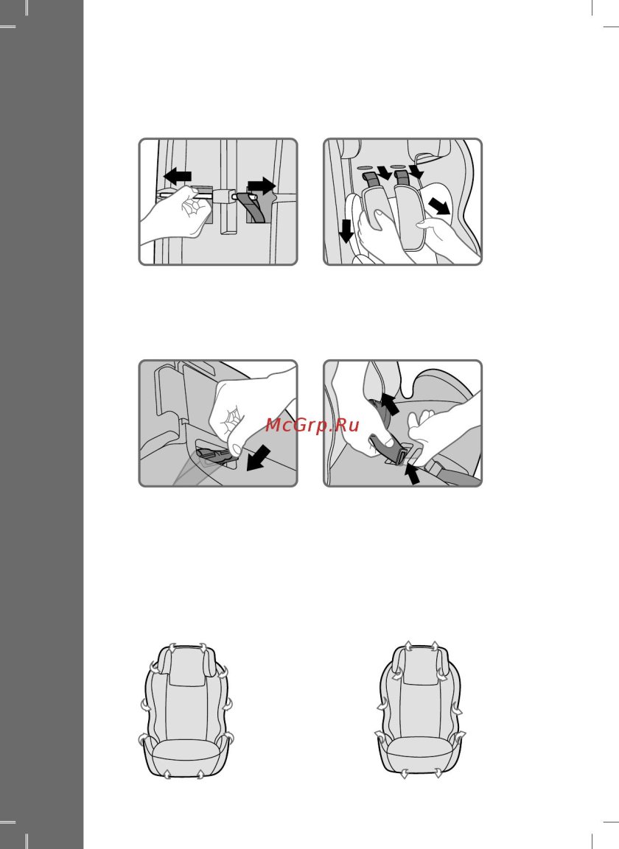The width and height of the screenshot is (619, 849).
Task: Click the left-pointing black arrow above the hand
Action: (x=178, y=176)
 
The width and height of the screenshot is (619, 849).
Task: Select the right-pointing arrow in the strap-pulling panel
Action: (x=262, y=186)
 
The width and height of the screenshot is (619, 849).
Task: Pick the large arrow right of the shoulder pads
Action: (x=439, y=205)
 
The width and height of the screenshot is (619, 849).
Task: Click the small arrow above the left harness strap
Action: (x=385, y=172)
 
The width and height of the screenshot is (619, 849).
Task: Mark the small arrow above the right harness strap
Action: (x=416, y=172)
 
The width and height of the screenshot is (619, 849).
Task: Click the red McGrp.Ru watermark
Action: (x=312, y=425)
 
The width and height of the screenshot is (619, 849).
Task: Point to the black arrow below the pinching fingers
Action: (x=258, y=459)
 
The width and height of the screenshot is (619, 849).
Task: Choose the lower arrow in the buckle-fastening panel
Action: (x=412, y=473)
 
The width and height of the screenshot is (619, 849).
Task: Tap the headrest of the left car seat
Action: (x=186, y=666)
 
